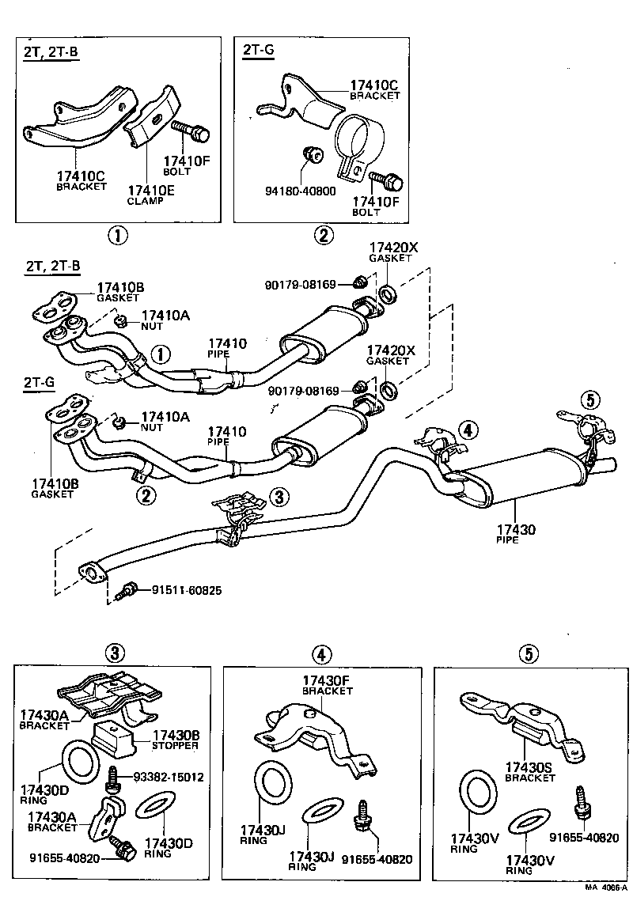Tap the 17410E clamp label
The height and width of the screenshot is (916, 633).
tap(151, 195)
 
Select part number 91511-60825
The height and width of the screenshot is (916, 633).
tap(187, 591)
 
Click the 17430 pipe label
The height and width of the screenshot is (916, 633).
tap(516, 535)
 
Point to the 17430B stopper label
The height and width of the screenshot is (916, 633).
tap(176, 740)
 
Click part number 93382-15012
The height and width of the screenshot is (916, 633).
tap(169, 777)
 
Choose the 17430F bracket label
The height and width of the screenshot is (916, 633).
tap(328, 685)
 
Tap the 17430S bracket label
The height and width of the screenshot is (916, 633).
tap(530, 772)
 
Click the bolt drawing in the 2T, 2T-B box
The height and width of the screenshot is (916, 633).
tap(191, 131)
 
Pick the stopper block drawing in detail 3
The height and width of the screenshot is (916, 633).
tap(114, 738)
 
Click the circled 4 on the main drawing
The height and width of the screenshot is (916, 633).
tap(468, 430)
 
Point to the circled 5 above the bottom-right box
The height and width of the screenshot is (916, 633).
tap(529, 653)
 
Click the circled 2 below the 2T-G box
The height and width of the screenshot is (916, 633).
tap(323, 235)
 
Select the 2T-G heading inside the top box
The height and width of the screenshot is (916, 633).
tap(258, 50)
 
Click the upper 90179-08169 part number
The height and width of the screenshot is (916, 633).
tap(301, 285)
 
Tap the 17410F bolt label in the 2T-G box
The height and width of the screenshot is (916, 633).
tap(375, 206)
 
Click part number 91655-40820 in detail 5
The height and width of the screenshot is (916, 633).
tap(584, 838)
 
